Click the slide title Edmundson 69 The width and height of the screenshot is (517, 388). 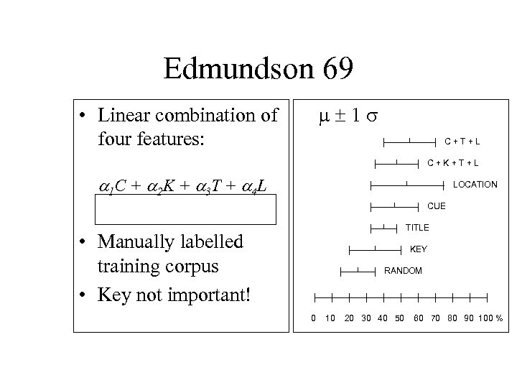click(x=258, y=70)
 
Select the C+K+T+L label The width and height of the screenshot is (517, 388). click(x=453, y=162)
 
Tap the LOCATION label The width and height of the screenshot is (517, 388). click(x=475, y=185)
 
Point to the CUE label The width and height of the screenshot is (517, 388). click(x=437, y=206)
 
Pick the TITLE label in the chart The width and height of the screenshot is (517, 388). click(x=417, y=228)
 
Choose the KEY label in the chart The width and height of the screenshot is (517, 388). click(x=418, y=249)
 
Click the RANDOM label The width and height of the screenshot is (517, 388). click(x=403, y=271)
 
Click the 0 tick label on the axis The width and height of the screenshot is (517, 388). click(x=312, y=318)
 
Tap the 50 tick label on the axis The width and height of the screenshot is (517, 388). click(x=400, y=318)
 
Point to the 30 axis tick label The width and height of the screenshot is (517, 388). click(x=365, y=318)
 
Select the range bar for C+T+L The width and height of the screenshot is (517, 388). click(x=409, y=141)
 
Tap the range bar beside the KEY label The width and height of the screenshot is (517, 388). click(x=375, y=249)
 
